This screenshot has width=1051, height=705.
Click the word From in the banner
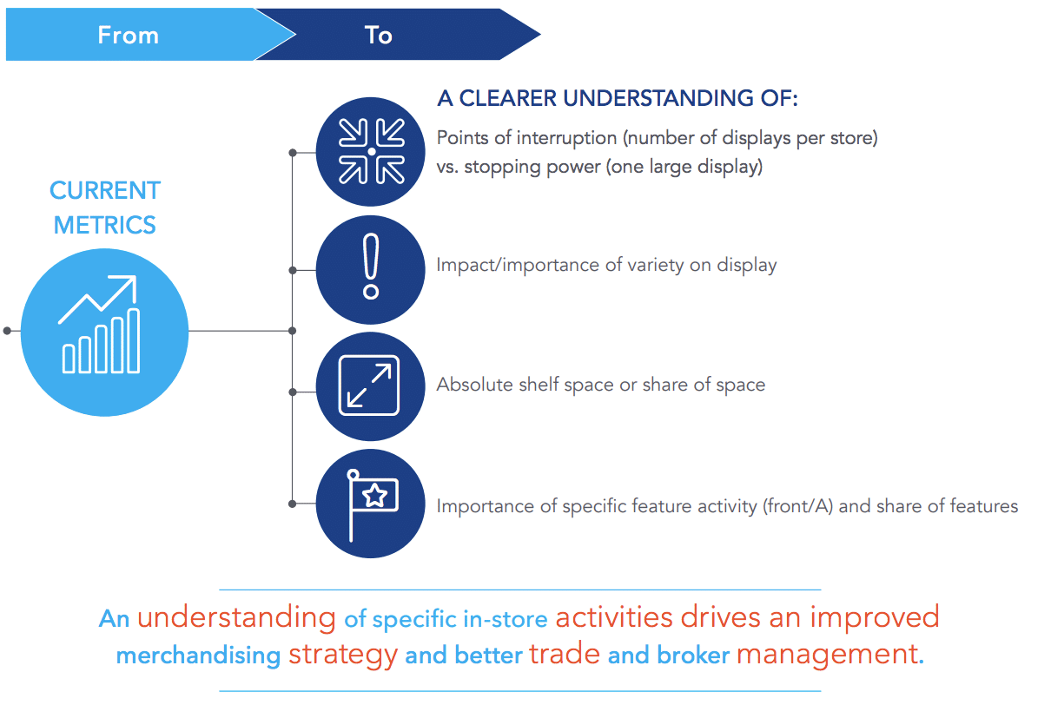128,36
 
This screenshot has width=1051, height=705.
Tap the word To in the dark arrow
378,36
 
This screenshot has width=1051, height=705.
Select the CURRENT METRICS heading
105,208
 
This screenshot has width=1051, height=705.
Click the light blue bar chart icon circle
104,332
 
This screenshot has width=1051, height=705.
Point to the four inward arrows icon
371,152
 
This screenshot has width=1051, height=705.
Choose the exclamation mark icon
371,266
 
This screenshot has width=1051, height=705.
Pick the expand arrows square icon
369,385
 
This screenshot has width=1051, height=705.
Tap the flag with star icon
372,504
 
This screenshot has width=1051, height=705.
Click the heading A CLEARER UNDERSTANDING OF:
618,98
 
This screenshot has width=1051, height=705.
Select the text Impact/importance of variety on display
606,265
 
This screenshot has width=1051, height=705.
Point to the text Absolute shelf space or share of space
601,385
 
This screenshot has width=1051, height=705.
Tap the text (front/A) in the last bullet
797,506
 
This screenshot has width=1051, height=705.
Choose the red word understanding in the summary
236,617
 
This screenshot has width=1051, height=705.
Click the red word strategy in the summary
343,655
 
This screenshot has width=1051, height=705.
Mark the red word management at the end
830,654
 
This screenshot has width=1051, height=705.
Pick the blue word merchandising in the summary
198,655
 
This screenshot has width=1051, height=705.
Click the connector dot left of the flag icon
293,504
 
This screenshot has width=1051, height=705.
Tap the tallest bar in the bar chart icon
134,341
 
